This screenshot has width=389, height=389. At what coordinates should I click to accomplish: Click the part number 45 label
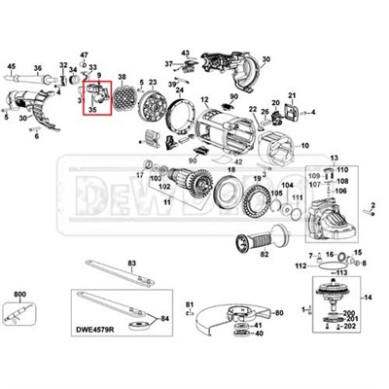[x=12, y=64]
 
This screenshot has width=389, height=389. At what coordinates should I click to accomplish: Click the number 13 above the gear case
[x=334, y=158]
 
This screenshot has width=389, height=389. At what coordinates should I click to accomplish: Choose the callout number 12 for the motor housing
[x=205, y=100]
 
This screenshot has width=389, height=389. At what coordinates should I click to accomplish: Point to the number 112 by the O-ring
[x=301, y=264]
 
